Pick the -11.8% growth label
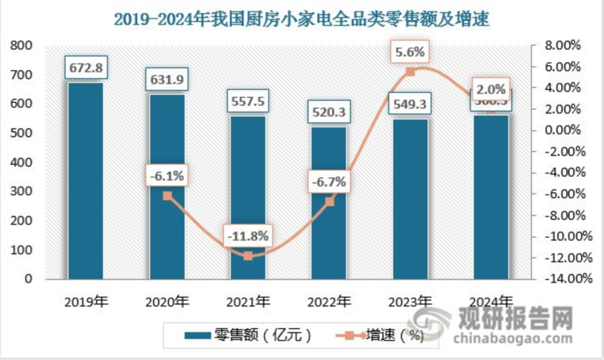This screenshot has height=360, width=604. coord(248,237)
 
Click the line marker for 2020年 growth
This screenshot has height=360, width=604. coord(167,196)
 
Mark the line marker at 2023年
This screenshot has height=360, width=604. coord(410,72)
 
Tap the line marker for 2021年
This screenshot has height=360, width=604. coord(248,256)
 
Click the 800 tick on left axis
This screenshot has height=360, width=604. coord(21,46)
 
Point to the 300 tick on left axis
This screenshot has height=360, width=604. coord(21,191)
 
